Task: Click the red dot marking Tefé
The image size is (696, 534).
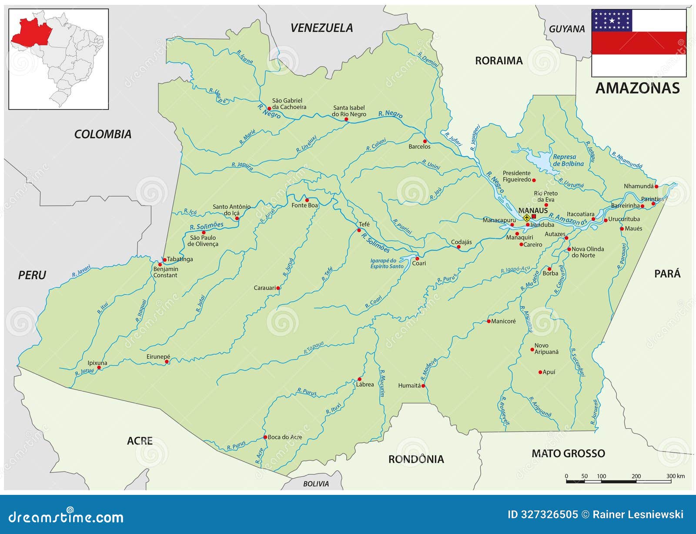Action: (359, 230)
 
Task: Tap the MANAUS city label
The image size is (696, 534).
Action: (533, 210)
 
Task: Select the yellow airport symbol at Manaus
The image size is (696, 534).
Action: (527, 217)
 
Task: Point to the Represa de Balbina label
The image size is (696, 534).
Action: (568, 160)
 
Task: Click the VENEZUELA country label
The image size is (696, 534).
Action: (321, 28)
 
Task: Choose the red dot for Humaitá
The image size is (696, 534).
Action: (423, 386)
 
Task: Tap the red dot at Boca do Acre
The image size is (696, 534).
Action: (265, 437)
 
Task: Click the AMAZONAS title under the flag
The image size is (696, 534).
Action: (637, 88)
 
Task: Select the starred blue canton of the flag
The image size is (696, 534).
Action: (612, 20)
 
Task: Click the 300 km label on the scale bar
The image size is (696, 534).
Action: (675, 476)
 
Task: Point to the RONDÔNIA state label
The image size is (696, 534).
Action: (416, 459)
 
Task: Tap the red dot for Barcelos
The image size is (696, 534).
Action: (425, 141)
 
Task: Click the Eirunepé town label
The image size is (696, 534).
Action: (158, 357)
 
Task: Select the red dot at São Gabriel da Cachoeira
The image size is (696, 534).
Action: (269, 108)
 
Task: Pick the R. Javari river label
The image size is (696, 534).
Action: (81, 271)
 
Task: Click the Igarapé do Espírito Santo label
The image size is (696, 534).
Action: (387, 264)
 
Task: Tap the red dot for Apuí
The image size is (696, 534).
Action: (540, 372)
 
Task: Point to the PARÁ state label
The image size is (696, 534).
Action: (667, 274)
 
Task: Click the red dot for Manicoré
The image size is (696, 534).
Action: (489, 321)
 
